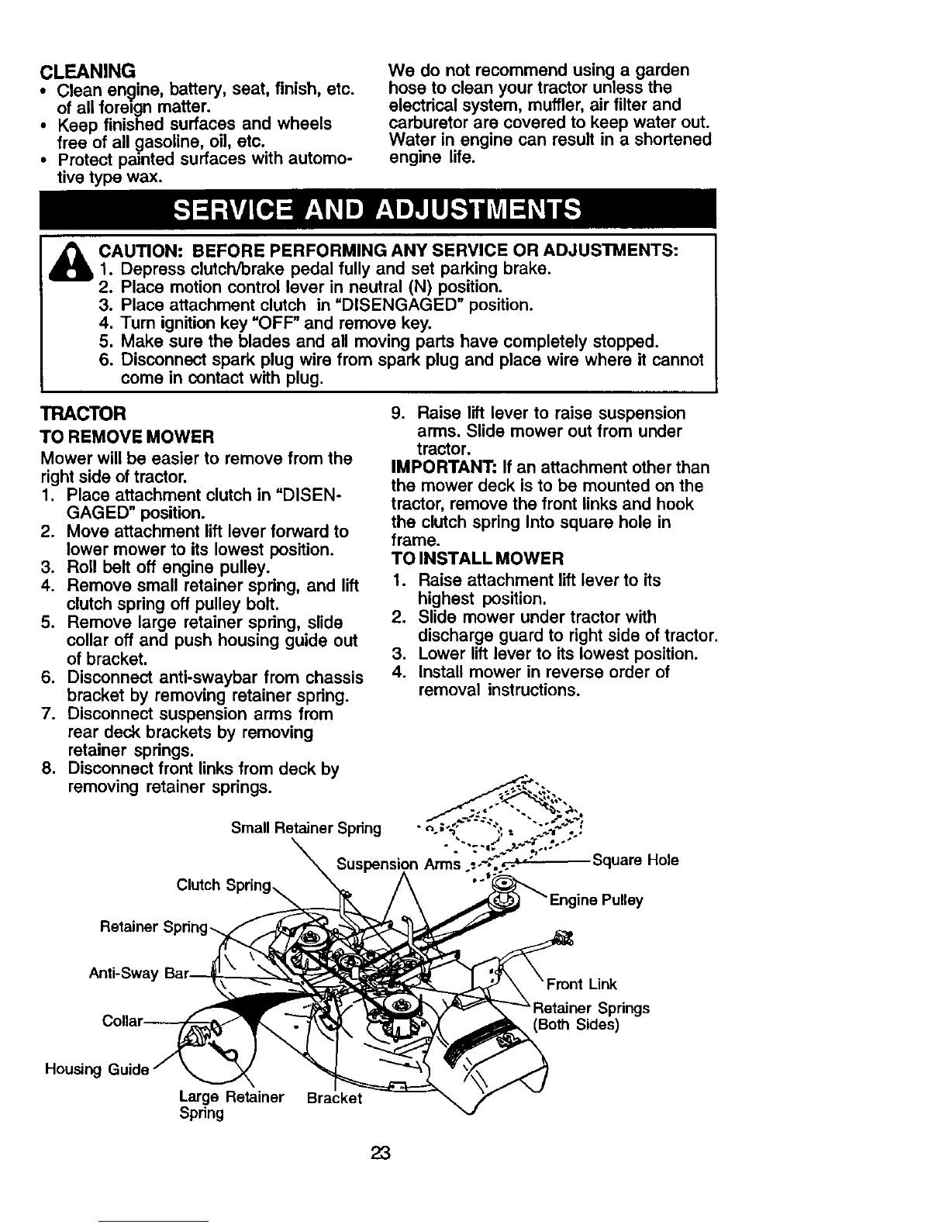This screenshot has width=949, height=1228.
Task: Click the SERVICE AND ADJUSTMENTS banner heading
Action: coord(377,210)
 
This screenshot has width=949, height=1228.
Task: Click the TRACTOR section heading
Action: coord(83,413)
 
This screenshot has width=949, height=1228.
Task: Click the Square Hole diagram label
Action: coord(635,860)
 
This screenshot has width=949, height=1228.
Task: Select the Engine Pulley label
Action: coord(596,901)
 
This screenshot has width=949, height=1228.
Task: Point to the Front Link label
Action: coord(581,985)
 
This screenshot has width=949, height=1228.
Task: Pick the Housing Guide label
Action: coord(96,1070)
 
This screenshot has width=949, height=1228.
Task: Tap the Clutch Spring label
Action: coord(224,885)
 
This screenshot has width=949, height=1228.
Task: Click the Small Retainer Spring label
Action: coord(306,828)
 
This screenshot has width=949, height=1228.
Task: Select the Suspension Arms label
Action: coord(399,865)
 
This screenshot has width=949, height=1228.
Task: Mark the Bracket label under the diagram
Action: coord(334,1099)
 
